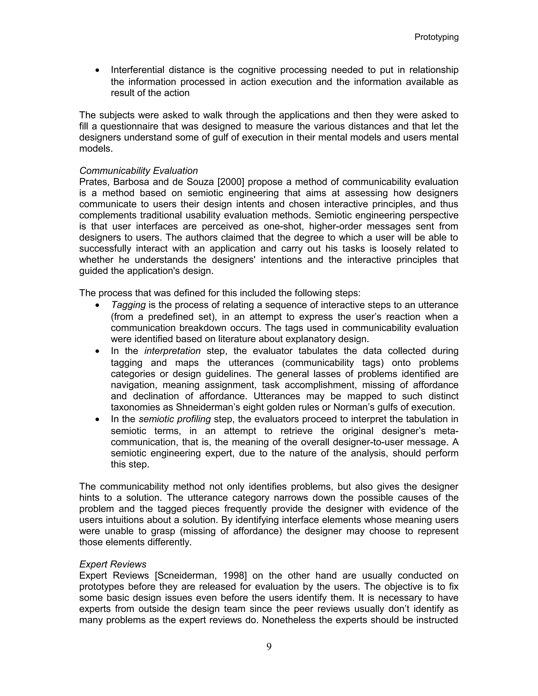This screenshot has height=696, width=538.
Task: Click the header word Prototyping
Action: (436, 37)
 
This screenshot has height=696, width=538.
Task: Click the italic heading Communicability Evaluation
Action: (138, 171)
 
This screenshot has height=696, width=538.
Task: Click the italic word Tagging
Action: (128, 305)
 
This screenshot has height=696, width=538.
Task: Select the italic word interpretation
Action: (172, 351)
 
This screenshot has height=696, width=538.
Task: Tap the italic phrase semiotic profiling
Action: (175, 419)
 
